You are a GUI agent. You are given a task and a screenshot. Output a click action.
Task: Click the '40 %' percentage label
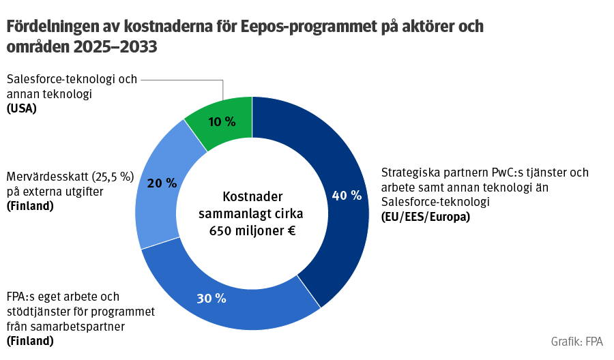pyautogui.click(x=347, y=196)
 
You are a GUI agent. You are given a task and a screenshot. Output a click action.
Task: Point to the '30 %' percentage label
pyautogui.click(x=211, y=298)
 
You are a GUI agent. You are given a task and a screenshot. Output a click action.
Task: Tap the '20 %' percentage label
pyautogui.click(x=162, y=183)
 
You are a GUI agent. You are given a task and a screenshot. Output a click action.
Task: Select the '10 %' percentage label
pyautogui.click(x=222, y=123)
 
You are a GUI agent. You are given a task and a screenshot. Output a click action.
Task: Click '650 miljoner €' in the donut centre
pyautogui.click(x=252, y=230)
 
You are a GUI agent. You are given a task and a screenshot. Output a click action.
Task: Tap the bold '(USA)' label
pyautogui.click(x=22, y=108)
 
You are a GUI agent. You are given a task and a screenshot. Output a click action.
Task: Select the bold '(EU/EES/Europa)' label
pyautogui.click(x=426, y=217)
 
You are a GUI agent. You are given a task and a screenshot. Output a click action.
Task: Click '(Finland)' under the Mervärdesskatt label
pyautogui.click(x=31, y=206)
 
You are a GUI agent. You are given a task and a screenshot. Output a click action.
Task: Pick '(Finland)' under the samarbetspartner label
pyautogui.click(x=31, y=341)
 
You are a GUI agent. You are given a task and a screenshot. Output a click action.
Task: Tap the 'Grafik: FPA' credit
pyautogui.click(x=577, y=341)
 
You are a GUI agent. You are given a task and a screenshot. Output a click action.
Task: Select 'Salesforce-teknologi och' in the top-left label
pyautogui.click(x=72, y=79)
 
